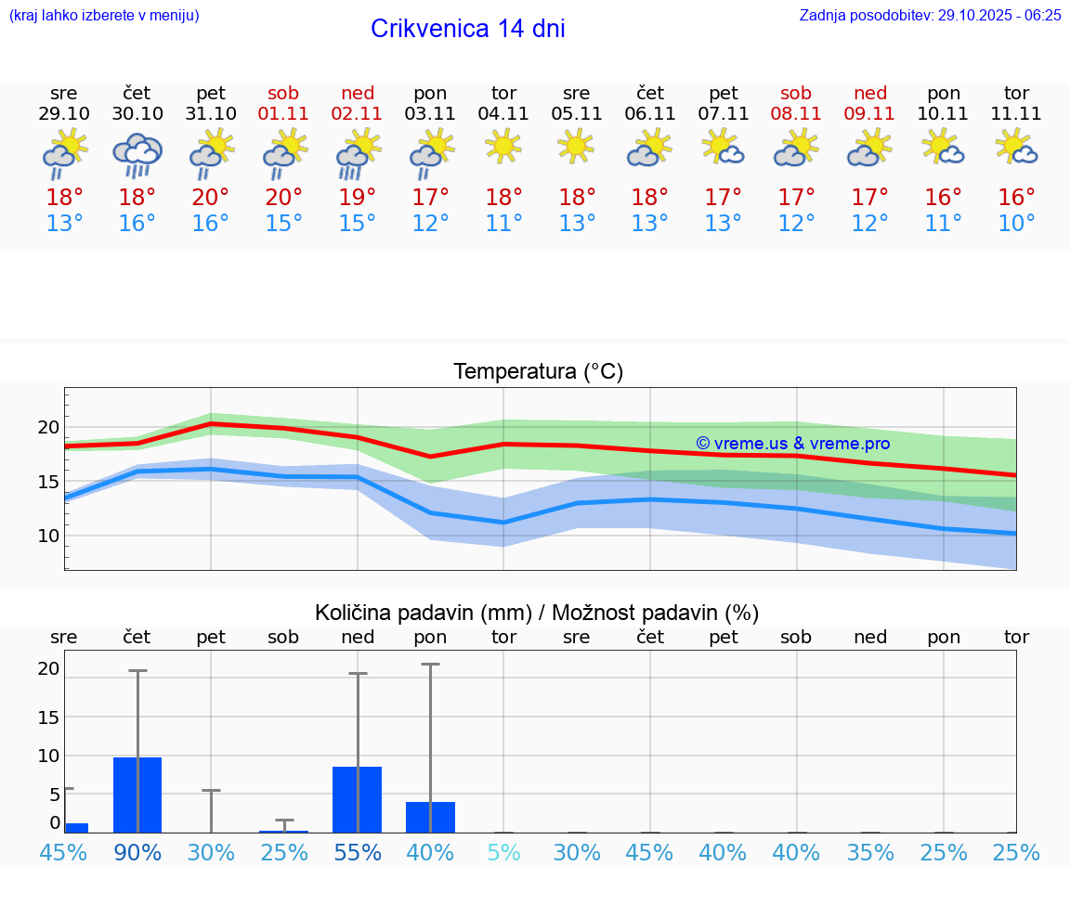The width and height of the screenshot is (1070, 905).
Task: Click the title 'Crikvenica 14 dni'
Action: pos(467,29)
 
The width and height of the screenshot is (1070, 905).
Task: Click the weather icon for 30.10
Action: pos(137,155)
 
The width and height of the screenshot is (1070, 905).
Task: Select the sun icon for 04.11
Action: pos(503,146)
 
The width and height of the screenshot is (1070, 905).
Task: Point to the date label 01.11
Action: pos(284,114)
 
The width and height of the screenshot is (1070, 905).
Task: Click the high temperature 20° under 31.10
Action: pos(211,197)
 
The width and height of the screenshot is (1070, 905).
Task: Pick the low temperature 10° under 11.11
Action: pos(1016,223)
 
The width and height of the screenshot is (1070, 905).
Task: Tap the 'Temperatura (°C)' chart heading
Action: pos(538,371)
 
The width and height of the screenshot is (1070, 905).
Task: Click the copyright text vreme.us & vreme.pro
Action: pos(792,444)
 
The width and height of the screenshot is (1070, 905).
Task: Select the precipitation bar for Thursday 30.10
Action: pos(137,795)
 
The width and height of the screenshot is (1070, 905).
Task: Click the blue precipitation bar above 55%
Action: pos(357,799)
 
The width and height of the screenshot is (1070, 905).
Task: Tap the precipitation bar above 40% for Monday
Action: pos(430,817)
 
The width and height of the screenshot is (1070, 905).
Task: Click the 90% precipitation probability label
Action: pos(137,852)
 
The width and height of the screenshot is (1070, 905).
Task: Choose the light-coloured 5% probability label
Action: pos(503,852)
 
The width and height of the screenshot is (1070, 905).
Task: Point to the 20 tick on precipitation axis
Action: pos(48,668)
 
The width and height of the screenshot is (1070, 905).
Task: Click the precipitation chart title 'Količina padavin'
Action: pos(423,613)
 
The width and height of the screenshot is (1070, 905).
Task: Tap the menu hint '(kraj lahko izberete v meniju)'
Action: pos(104,15)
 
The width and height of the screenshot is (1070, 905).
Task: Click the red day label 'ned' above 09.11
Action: pos(870,93)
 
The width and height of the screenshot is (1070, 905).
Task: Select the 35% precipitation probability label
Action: pos(870,852)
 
